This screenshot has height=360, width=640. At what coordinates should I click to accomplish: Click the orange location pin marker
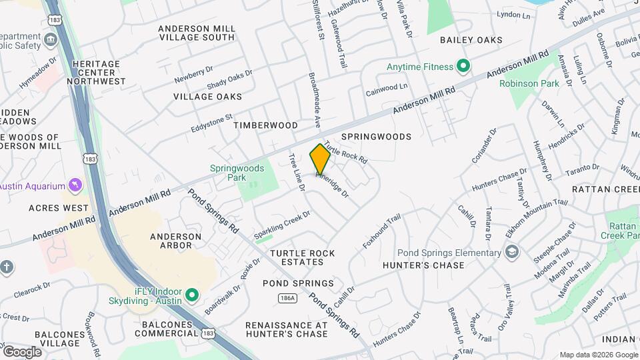coord(320,159)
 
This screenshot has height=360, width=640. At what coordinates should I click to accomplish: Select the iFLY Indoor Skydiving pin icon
coord(192,294)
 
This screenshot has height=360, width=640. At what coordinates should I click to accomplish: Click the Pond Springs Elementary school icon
coord(511,252)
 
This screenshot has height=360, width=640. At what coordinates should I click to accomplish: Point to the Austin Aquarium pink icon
coord(75,183)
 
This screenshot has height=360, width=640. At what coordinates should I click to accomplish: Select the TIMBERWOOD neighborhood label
coord(265,125)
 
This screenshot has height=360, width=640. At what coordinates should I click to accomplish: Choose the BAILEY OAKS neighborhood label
coord(471,40)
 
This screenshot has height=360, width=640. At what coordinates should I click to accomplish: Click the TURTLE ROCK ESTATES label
coord(302,257)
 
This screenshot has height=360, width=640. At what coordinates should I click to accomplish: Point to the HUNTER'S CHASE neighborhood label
coord(423,265)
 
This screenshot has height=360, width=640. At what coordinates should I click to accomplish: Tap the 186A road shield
coord(287,298)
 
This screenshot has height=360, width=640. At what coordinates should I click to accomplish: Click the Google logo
coord(22,352)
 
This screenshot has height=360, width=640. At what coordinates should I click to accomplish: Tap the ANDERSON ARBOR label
coord(175,241)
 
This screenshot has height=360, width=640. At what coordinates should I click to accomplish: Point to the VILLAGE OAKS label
coord(207,97)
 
